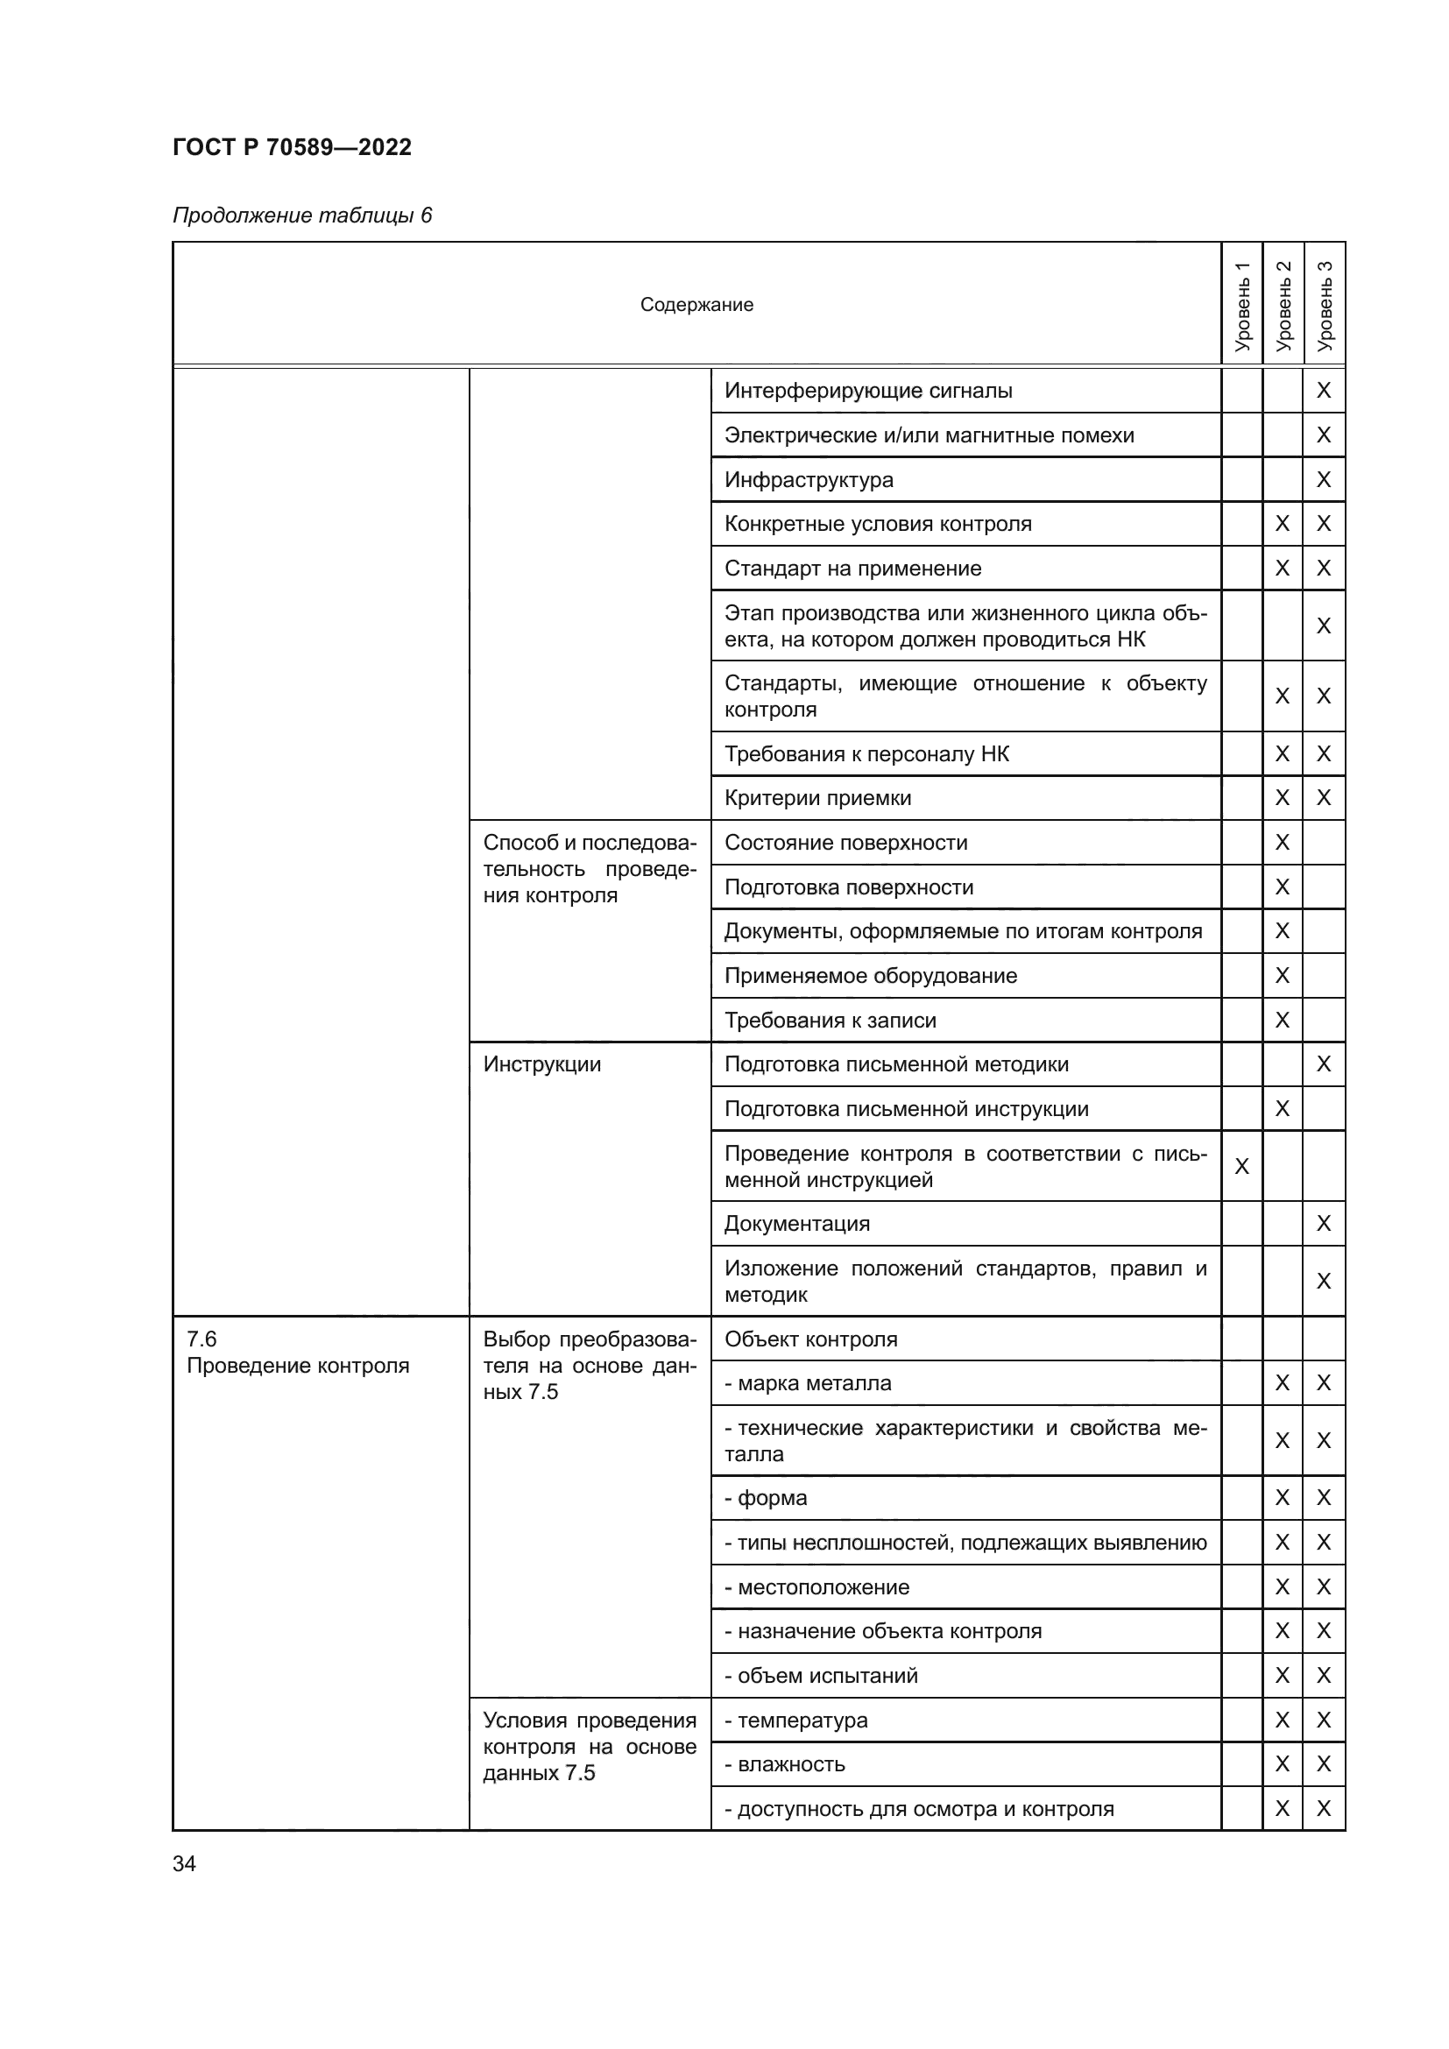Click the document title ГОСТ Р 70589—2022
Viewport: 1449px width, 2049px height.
coord(292,147)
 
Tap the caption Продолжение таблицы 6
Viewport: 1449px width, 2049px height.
coord(301,215)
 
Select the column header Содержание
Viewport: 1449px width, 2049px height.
coord(696,304)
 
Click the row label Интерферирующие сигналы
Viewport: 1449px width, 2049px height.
coord(867,390)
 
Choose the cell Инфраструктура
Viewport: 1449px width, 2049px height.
coord(809,479)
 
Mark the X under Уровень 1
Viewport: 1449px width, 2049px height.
coord(1241,1165)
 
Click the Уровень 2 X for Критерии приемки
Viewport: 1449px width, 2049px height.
coord(1283,797)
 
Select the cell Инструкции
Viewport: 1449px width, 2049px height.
coord(541,1063)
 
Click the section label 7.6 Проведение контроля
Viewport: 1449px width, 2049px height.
coord(297,1352)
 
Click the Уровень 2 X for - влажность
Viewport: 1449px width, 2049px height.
coord(1283,1763)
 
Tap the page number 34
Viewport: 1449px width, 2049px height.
coord(184,1863)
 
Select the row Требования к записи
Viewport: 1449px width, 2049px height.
coord(830,1020)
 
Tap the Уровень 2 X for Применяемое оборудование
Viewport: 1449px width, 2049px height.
coord(1283,975)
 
